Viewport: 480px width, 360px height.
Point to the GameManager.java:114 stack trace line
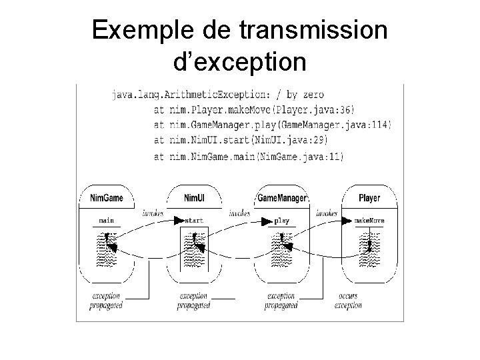tap(273, 125)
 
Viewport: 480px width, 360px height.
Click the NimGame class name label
tap(106, 198)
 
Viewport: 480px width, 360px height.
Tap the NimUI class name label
tap(194, 198)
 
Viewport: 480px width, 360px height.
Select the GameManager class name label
tap(281, 198)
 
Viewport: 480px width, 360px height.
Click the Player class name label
tap(369, 198)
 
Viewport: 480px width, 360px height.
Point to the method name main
tap(106, 219)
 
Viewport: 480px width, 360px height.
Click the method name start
tap(194, 219)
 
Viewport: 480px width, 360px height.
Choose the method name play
tap(282, 219)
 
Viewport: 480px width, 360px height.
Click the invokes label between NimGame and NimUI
tap(153, 213)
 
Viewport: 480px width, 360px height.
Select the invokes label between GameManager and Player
tap(327, 213)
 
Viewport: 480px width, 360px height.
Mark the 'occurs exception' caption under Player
tap(348, 301)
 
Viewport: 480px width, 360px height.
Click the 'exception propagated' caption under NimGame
tap(106, 301)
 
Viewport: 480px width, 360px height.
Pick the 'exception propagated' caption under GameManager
tap(281, 301)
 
